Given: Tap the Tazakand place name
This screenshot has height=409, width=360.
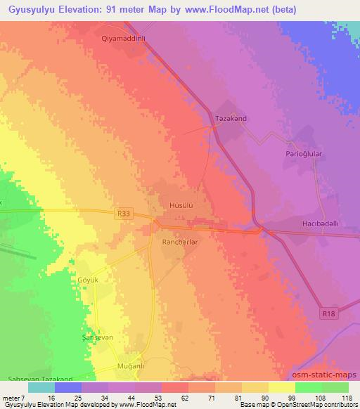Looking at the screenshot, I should [231, 119].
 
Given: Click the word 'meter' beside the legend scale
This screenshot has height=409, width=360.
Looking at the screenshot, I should [13, 397].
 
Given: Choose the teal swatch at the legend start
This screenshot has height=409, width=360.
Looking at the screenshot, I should [41, 387].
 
